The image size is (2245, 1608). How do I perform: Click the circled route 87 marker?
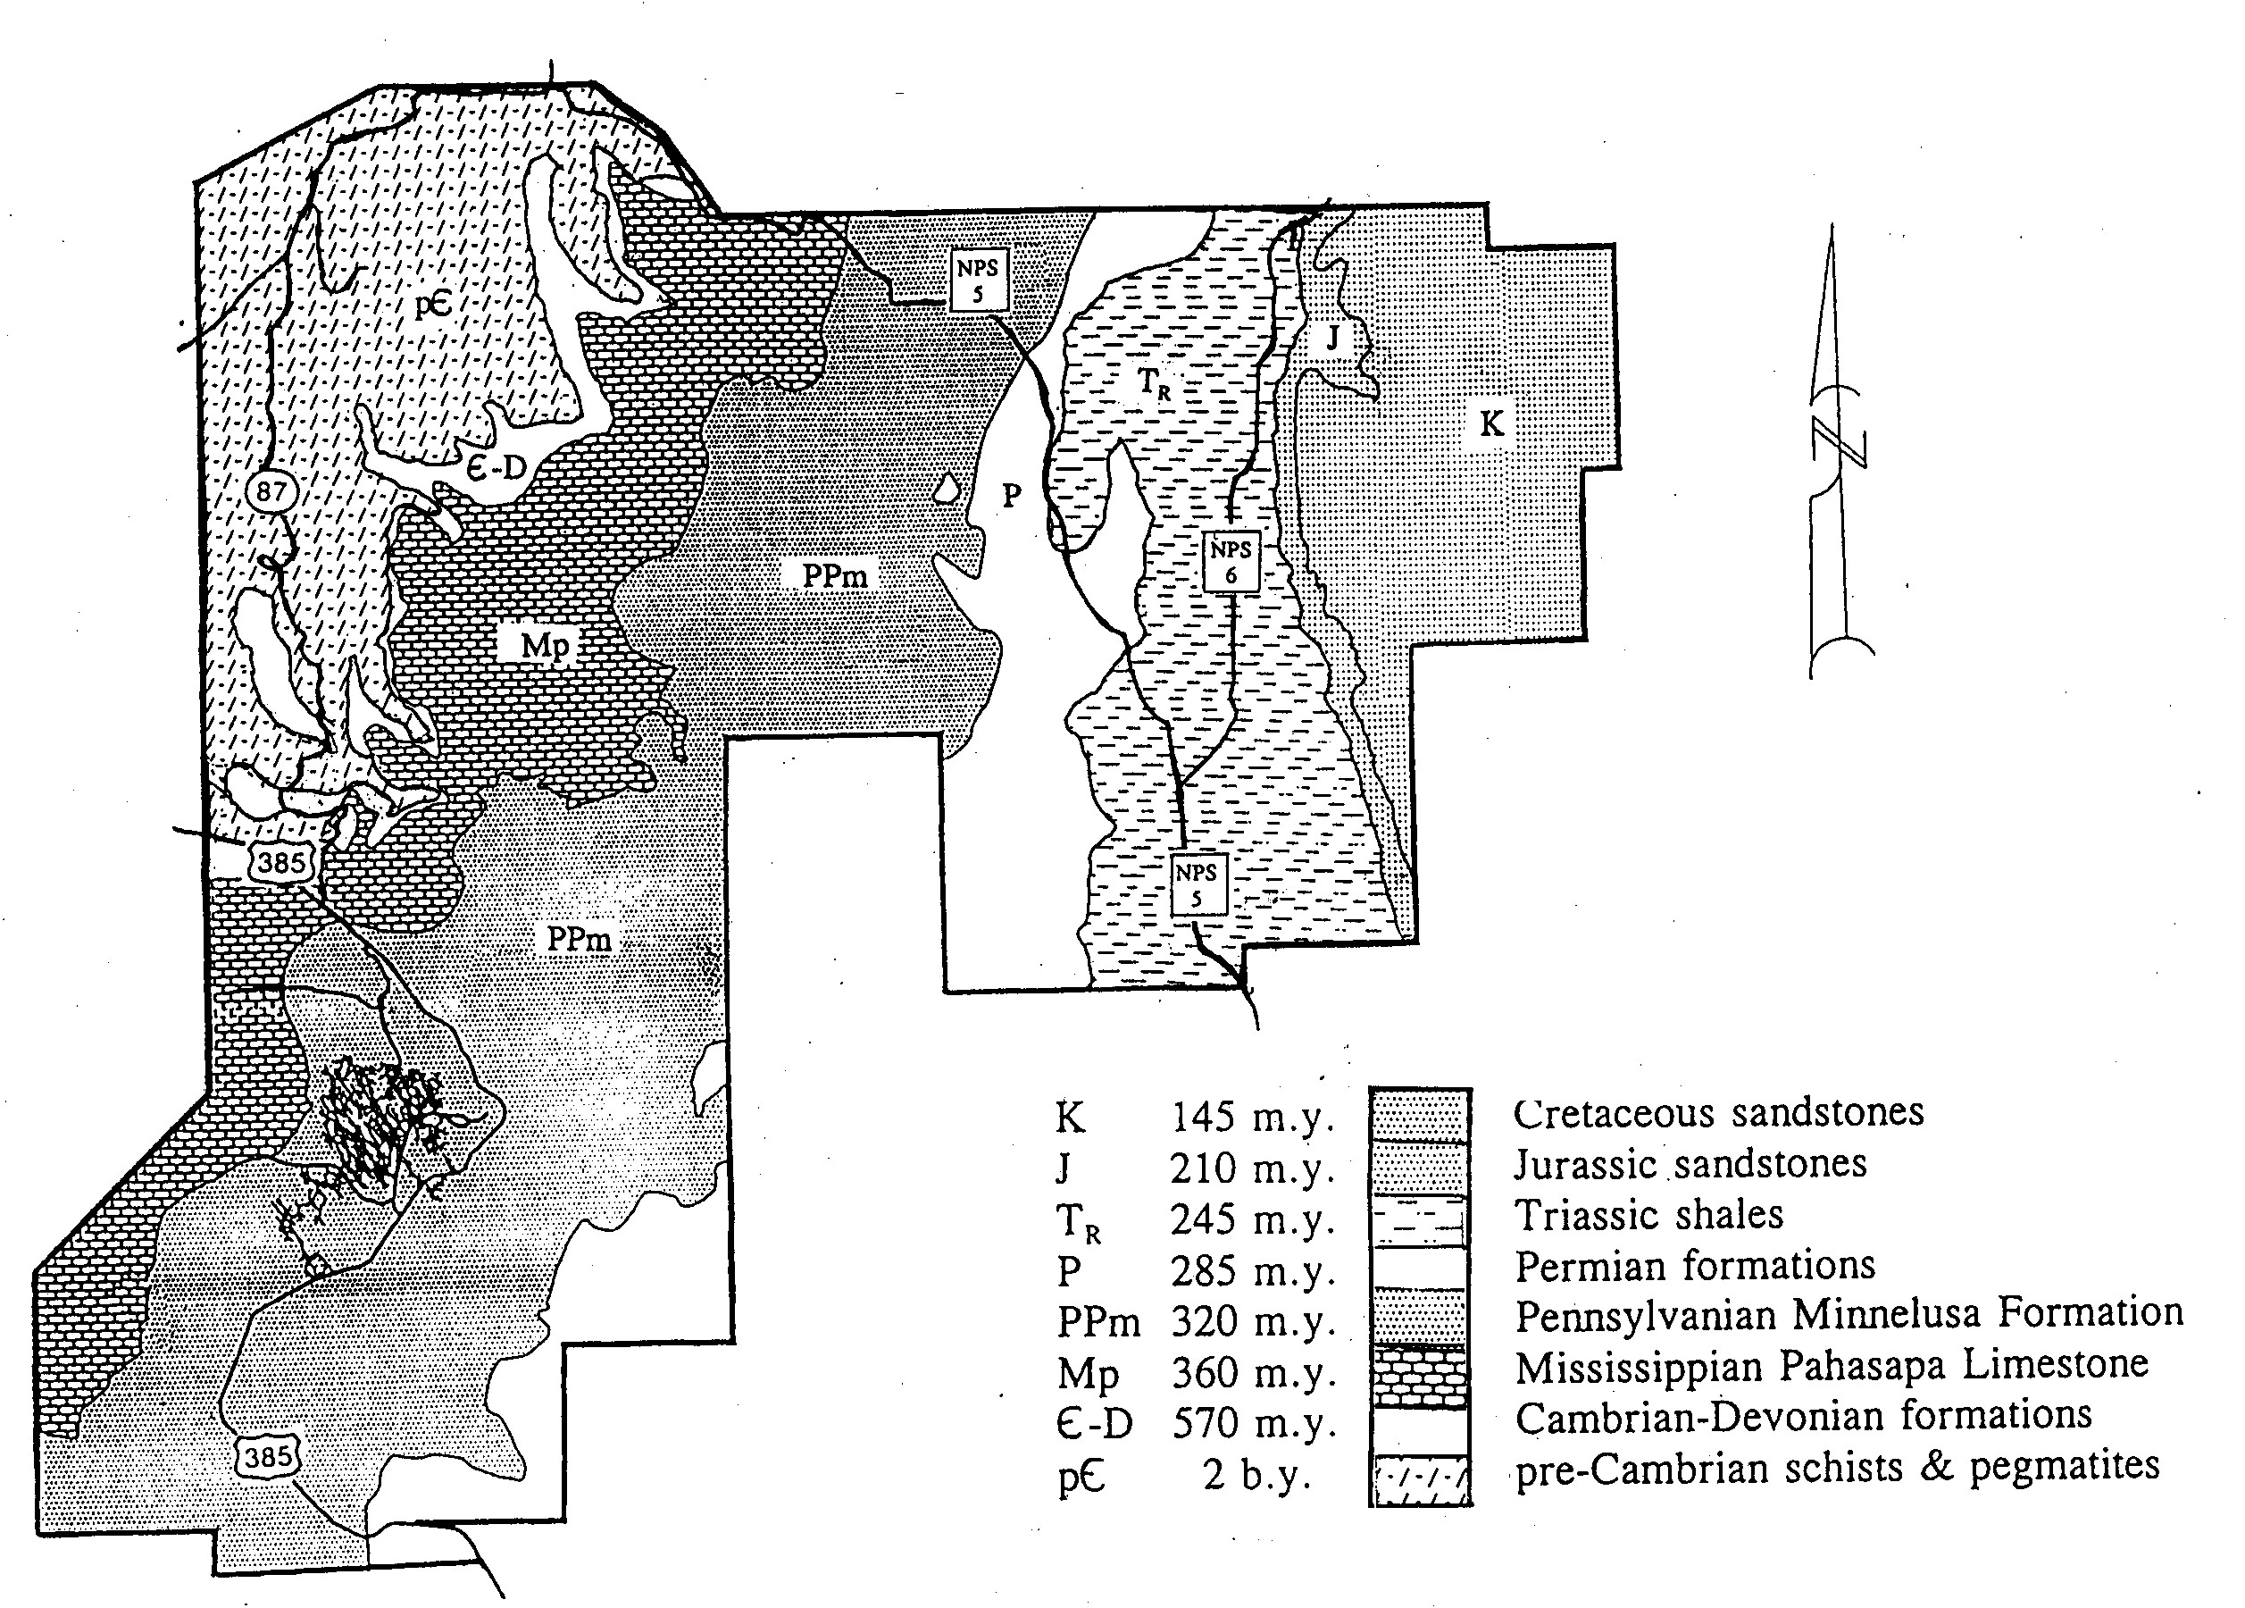(271, 490)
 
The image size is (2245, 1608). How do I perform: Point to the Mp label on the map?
(546, 646)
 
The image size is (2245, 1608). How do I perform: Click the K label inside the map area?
(1490, 423)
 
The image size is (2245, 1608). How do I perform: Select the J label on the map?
(1332, 339)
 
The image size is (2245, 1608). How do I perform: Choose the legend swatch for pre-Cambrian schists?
(1420, 1478)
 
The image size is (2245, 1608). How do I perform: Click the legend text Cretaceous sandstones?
(1718, 1113)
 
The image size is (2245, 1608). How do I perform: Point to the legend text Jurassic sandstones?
(1690, 1164)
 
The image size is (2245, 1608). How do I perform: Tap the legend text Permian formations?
(1695, 1267)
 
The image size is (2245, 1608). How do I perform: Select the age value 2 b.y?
(1257, 1475)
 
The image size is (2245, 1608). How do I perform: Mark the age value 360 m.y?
(1253, 1373)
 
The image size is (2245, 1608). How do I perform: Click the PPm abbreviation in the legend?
(1098, 1322)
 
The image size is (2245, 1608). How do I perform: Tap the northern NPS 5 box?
(979, 281)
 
